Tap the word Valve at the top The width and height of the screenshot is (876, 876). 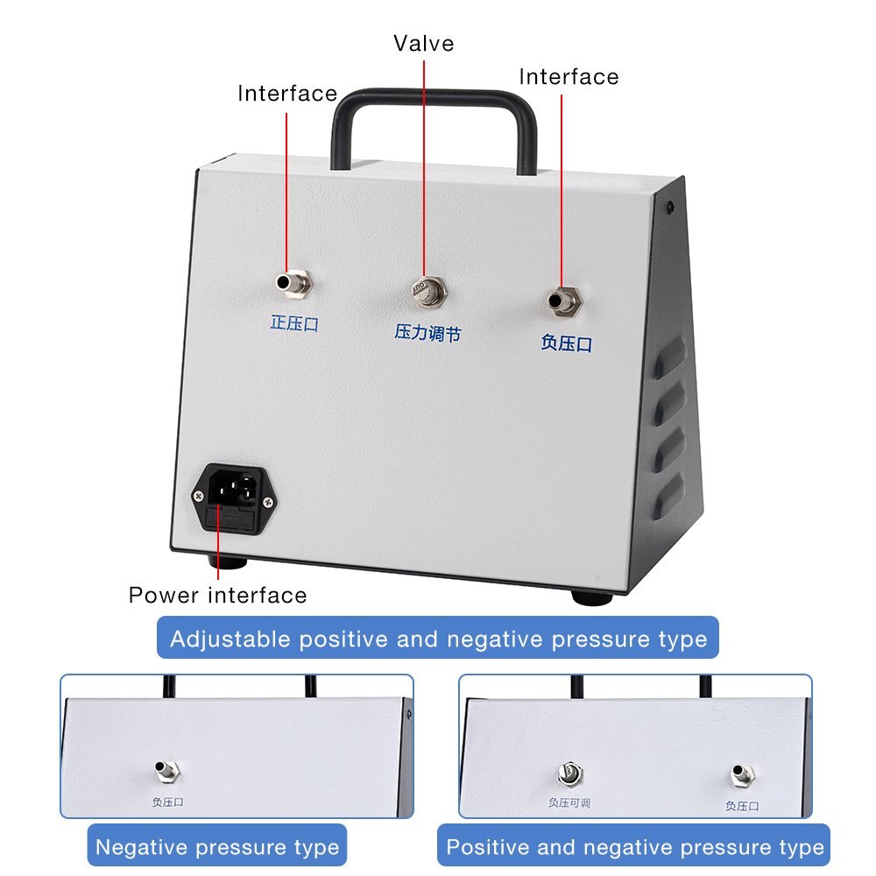[x=424, y=43]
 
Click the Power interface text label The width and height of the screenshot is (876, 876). [x=218, y=596]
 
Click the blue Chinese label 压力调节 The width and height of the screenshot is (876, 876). [x=427, y=333]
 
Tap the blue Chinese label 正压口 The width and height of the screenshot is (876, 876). [x=293, y=323]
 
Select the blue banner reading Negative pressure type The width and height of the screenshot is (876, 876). [x=217, y=847]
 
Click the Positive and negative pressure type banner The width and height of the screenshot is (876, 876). [x=635, y=847]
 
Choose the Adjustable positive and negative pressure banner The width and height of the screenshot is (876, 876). [x=438, y=639]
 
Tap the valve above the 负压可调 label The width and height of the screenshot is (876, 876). [x=569, y=773]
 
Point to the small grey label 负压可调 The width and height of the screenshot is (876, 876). [x=569, y=802]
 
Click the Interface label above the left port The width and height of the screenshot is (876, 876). [x=287, y=93]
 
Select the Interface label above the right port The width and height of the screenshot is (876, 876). [x=569, y=77]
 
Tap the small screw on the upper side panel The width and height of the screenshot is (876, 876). [x=670, y=208]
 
